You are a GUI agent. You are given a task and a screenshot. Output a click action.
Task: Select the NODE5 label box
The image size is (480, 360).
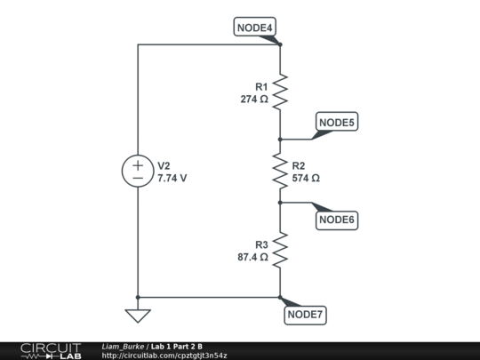pos(337,122)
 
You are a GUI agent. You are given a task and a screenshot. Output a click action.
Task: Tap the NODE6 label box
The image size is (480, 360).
pos(337,220)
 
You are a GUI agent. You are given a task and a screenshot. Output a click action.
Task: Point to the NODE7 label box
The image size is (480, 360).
pos(306,314)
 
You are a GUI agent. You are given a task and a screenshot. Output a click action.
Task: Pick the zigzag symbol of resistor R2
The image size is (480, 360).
pos(280,172)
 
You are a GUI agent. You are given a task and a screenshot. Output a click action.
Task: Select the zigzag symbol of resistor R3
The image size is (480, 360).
pos(280,250)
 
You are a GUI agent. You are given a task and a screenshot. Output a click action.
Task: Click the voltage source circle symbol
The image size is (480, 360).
pos(138,172)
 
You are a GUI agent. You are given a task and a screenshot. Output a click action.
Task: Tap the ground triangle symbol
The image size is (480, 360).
pos(138,316)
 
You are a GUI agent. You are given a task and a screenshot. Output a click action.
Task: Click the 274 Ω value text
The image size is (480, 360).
pos(254,100)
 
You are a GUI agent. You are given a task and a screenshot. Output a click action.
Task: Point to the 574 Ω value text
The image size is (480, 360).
pos(306,178)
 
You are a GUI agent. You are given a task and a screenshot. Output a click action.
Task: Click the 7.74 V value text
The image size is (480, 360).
pos(172,178)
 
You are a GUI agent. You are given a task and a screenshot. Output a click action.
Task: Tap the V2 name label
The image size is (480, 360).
pos(164,165)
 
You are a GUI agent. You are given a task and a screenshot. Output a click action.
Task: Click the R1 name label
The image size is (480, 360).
pos(261,87)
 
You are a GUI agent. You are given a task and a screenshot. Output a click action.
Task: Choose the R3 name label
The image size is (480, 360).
pos(261,244)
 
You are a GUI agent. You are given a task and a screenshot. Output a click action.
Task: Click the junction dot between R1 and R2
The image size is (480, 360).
pos(280,140)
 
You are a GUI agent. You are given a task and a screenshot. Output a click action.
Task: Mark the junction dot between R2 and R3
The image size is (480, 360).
pos(280,203)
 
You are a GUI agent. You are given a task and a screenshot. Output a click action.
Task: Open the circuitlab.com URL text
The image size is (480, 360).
pos(164,356)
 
